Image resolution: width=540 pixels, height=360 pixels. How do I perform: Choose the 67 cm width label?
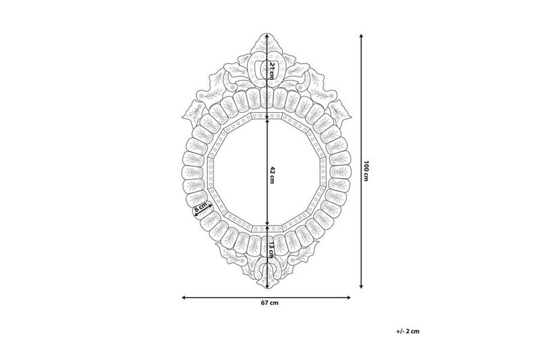click(x=269, y=302)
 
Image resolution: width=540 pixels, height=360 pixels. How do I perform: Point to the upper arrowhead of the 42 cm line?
click(x=269, y=116)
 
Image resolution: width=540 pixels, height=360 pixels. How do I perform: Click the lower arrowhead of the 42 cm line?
click(x=269, y=225)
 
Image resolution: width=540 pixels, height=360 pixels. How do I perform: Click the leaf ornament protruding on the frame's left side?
click(x=196, y=109)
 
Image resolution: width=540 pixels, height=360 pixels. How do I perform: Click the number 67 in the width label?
click(x=265, y=302)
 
